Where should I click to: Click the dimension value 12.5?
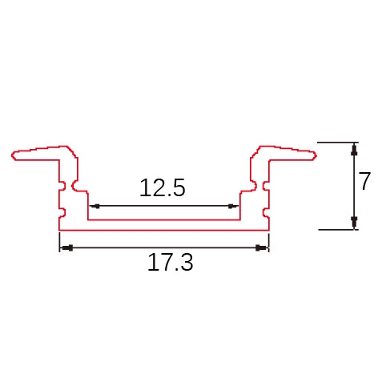163,188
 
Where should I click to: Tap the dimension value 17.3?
170,262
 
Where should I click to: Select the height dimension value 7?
365,182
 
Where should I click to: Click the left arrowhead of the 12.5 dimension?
91,206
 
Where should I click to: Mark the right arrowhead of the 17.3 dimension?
261,247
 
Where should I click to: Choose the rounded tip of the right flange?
313,155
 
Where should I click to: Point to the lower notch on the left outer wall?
62,213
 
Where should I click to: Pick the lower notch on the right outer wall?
266,213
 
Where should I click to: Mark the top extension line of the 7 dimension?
336,143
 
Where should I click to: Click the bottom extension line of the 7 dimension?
336,230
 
